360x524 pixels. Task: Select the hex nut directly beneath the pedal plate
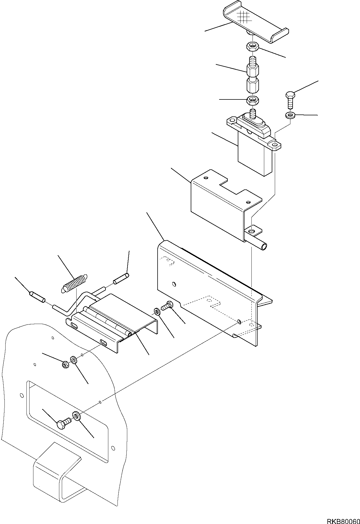tap(253, 46)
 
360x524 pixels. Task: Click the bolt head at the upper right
tap(290, 96)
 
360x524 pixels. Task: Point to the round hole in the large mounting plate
tap(174, 284)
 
